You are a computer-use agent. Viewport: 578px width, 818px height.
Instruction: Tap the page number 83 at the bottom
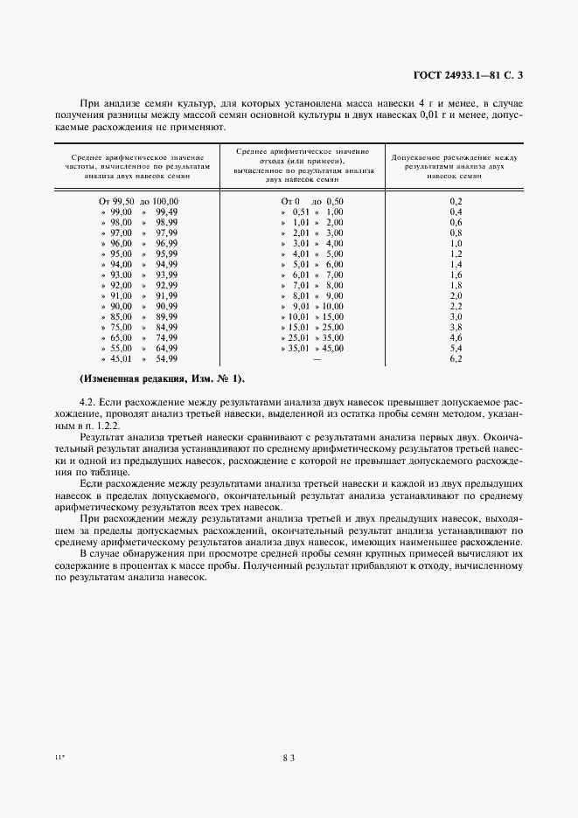(x=289, y=758)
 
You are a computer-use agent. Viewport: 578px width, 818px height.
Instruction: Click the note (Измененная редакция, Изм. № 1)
(x=163, y=378)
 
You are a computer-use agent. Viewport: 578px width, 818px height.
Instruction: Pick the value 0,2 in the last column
(x=455, y=201)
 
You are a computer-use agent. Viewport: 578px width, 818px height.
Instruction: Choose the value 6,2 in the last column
(x=455, y=358)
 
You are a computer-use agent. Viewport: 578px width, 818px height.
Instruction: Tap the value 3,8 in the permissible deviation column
(x=455, y=327)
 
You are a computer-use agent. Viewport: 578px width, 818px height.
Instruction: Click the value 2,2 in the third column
(x=455, y=306)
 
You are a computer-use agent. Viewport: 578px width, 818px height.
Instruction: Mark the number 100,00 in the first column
(x=162, y=201)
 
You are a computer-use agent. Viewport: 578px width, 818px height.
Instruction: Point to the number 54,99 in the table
(x=166, y=358)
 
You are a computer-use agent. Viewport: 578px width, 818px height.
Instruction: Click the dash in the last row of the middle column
(x=317, y=358)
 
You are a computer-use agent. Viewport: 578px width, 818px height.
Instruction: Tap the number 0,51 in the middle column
(x=301, y=211)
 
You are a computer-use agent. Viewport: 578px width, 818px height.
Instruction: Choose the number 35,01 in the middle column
(x=299, y=348)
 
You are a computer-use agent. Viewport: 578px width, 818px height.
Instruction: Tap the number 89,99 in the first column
(x=166, y=316)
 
